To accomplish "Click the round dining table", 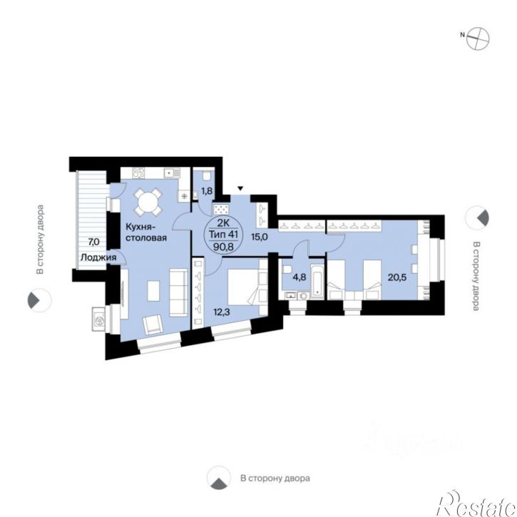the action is pos(148,202).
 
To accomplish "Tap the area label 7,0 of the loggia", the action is pos(93,242).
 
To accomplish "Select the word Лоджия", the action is pos(98,257).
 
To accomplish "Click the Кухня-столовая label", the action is pos(146,232).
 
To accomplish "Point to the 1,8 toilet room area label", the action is pos(207,190).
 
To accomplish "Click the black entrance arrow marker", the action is pos(241,188).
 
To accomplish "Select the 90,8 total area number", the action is pos(223,246).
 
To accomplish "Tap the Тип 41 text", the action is pos(223,235).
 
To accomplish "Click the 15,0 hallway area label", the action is pos(259,237).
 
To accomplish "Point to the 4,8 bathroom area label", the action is pos(299,277).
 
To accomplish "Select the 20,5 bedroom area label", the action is pos(397,277).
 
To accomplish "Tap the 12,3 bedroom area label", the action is pos(222,311).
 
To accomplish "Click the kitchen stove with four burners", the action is pos(138,173).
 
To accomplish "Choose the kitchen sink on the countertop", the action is pos(173,173).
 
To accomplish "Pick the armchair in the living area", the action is pos(153,325).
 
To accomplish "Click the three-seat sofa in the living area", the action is pos(178,292).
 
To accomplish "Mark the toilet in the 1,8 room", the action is pos(207,176).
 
